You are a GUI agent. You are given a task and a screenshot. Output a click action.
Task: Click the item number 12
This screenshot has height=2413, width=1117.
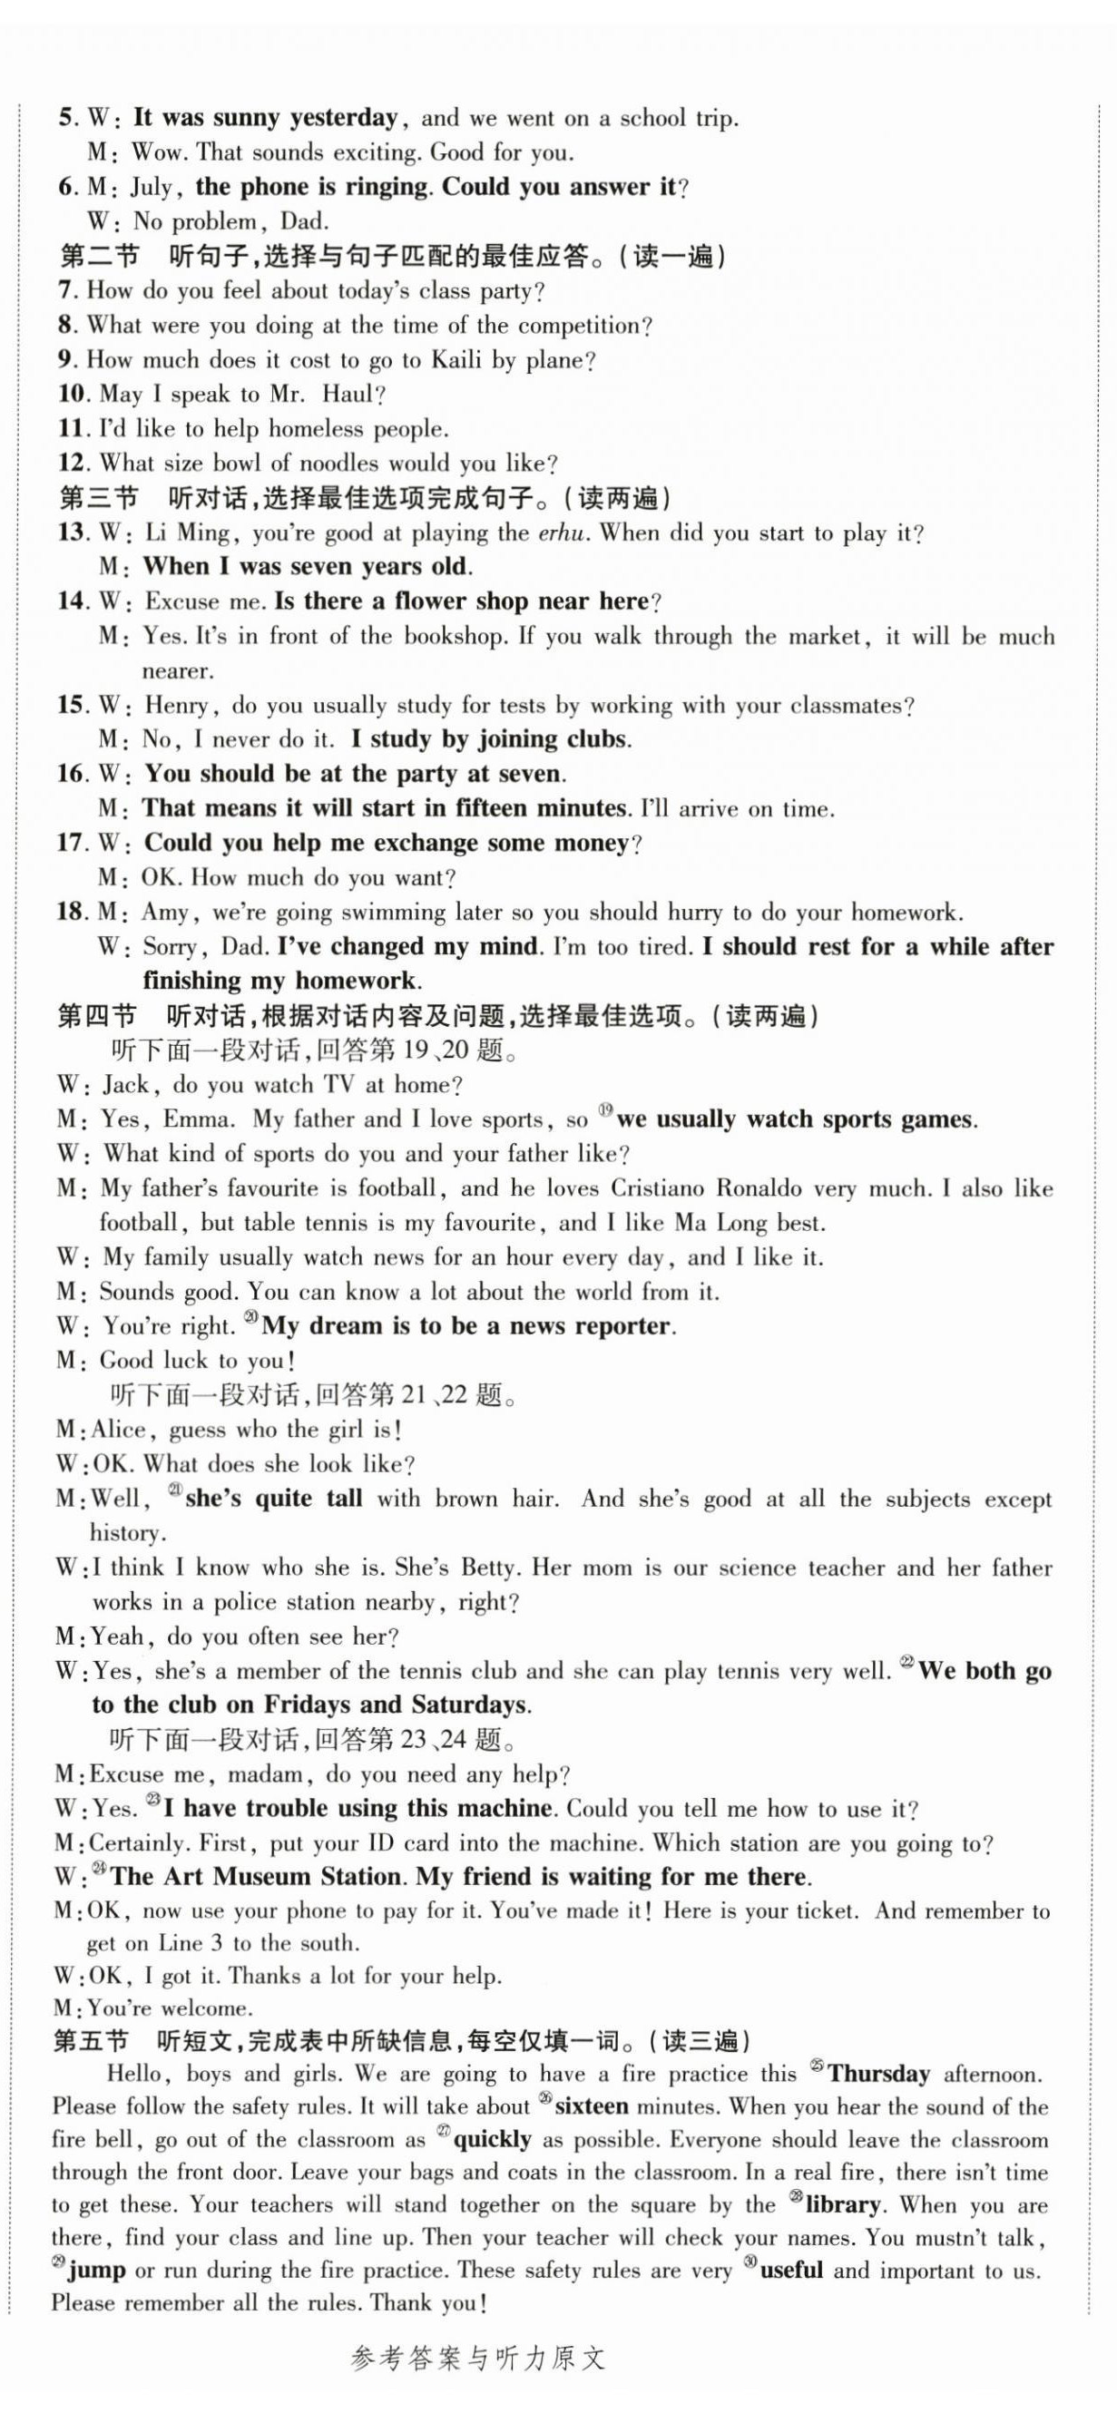[x=73, y=464]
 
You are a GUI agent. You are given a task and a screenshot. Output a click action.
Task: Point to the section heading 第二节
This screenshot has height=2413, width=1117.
[x=99, y=257]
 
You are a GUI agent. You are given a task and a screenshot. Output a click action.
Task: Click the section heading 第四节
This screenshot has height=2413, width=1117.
[x=97, y=1016]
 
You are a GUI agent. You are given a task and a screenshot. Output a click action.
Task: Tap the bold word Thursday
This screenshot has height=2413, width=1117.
[x=878, y=2074]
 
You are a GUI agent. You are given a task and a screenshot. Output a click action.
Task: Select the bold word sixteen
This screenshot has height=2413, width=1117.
[x=593, y=2106]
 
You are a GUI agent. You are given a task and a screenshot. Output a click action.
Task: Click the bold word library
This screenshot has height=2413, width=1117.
[x=843, y=2205]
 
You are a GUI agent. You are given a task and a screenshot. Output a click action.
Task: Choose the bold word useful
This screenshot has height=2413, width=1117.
[x=792, y=2271]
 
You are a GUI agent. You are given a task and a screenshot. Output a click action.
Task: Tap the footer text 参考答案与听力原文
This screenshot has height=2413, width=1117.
[x=478, y=2379]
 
